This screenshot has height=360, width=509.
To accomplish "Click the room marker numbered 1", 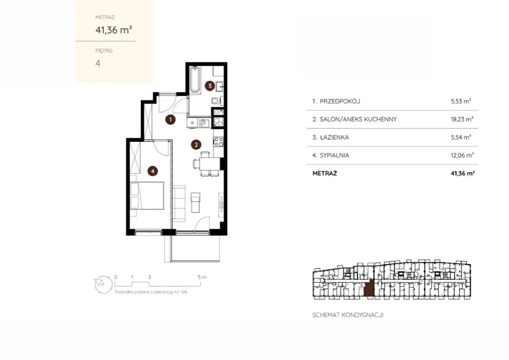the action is [171, 120].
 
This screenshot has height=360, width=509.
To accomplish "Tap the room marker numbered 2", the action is [196, 145].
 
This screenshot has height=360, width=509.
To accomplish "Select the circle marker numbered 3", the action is [210, 86].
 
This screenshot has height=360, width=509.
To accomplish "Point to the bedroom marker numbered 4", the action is [153, 171].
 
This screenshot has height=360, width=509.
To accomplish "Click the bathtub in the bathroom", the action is [195, 80].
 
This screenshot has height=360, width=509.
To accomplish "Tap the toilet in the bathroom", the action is [216, 100].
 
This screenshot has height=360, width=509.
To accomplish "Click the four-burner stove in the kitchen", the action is [218, 142].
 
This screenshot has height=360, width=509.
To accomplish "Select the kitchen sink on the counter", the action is [204, 123].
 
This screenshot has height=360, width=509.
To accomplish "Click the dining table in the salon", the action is [210, 164].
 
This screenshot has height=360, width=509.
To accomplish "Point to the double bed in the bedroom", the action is [147, 196].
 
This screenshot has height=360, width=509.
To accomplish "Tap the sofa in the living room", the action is [179, 204].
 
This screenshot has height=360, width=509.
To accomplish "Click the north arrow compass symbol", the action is [103, 285].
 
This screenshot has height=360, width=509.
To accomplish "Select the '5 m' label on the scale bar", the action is [202, 277].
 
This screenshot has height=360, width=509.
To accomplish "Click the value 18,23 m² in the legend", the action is [462, 119].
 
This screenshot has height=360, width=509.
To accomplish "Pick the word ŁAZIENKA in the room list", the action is [334, 137].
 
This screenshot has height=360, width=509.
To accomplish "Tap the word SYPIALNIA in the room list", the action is [334, 156].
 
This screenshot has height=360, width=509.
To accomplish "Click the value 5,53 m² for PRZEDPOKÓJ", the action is [461, 101].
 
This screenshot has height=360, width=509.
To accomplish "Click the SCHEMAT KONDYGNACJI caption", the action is [348, 315].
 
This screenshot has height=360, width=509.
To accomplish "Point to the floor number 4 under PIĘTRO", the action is [98, 63].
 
